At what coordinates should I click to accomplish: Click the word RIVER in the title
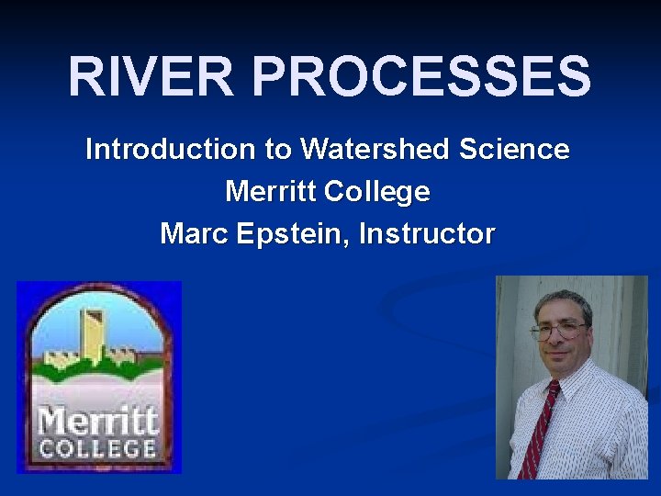(151, 76)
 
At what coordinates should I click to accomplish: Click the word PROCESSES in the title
(421, 76)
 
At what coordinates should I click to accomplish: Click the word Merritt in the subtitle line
(271, 192)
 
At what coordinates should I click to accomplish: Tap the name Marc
(194, 234)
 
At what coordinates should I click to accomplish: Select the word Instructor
(427, 234)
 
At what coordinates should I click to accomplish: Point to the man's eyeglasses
(557, 329)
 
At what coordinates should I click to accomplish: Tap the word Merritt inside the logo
(98, 423)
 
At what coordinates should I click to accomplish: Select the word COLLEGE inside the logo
(97, 449)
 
